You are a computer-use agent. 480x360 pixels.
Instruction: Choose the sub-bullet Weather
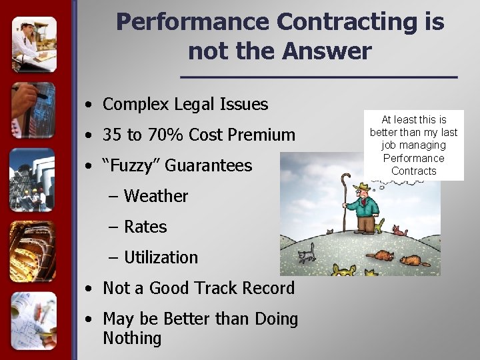pyautogui.click(x=156, y=196)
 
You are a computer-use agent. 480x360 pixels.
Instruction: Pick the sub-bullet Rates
pyautogui.click(x=145, y=227)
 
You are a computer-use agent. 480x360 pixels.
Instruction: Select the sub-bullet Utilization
pyautogui.click(x=161, y=257)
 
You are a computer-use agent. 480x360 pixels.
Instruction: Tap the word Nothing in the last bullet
pyautogui.click(x=132, y=338)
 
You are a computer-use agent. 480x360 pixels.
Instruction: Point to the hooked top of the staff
pyautogui.click(x=345, y=179)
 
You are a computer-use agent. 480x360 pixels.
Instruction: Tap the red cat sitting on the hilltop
pyautogui.click(x=399, y=231)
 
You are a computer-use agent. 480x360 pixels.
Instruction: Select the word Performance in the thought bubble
pyautogui.click(x=413, y=158)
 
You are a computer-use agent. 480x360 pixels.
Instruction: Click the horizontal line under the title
pyautogui.click(x=319, y=78)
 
